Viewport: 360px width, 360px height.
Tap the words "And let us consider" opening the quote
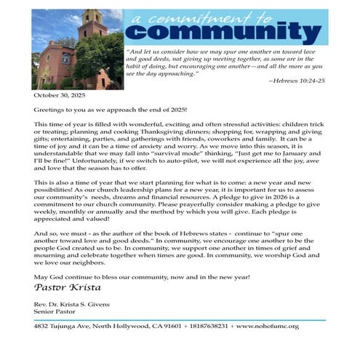[156, 52]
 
